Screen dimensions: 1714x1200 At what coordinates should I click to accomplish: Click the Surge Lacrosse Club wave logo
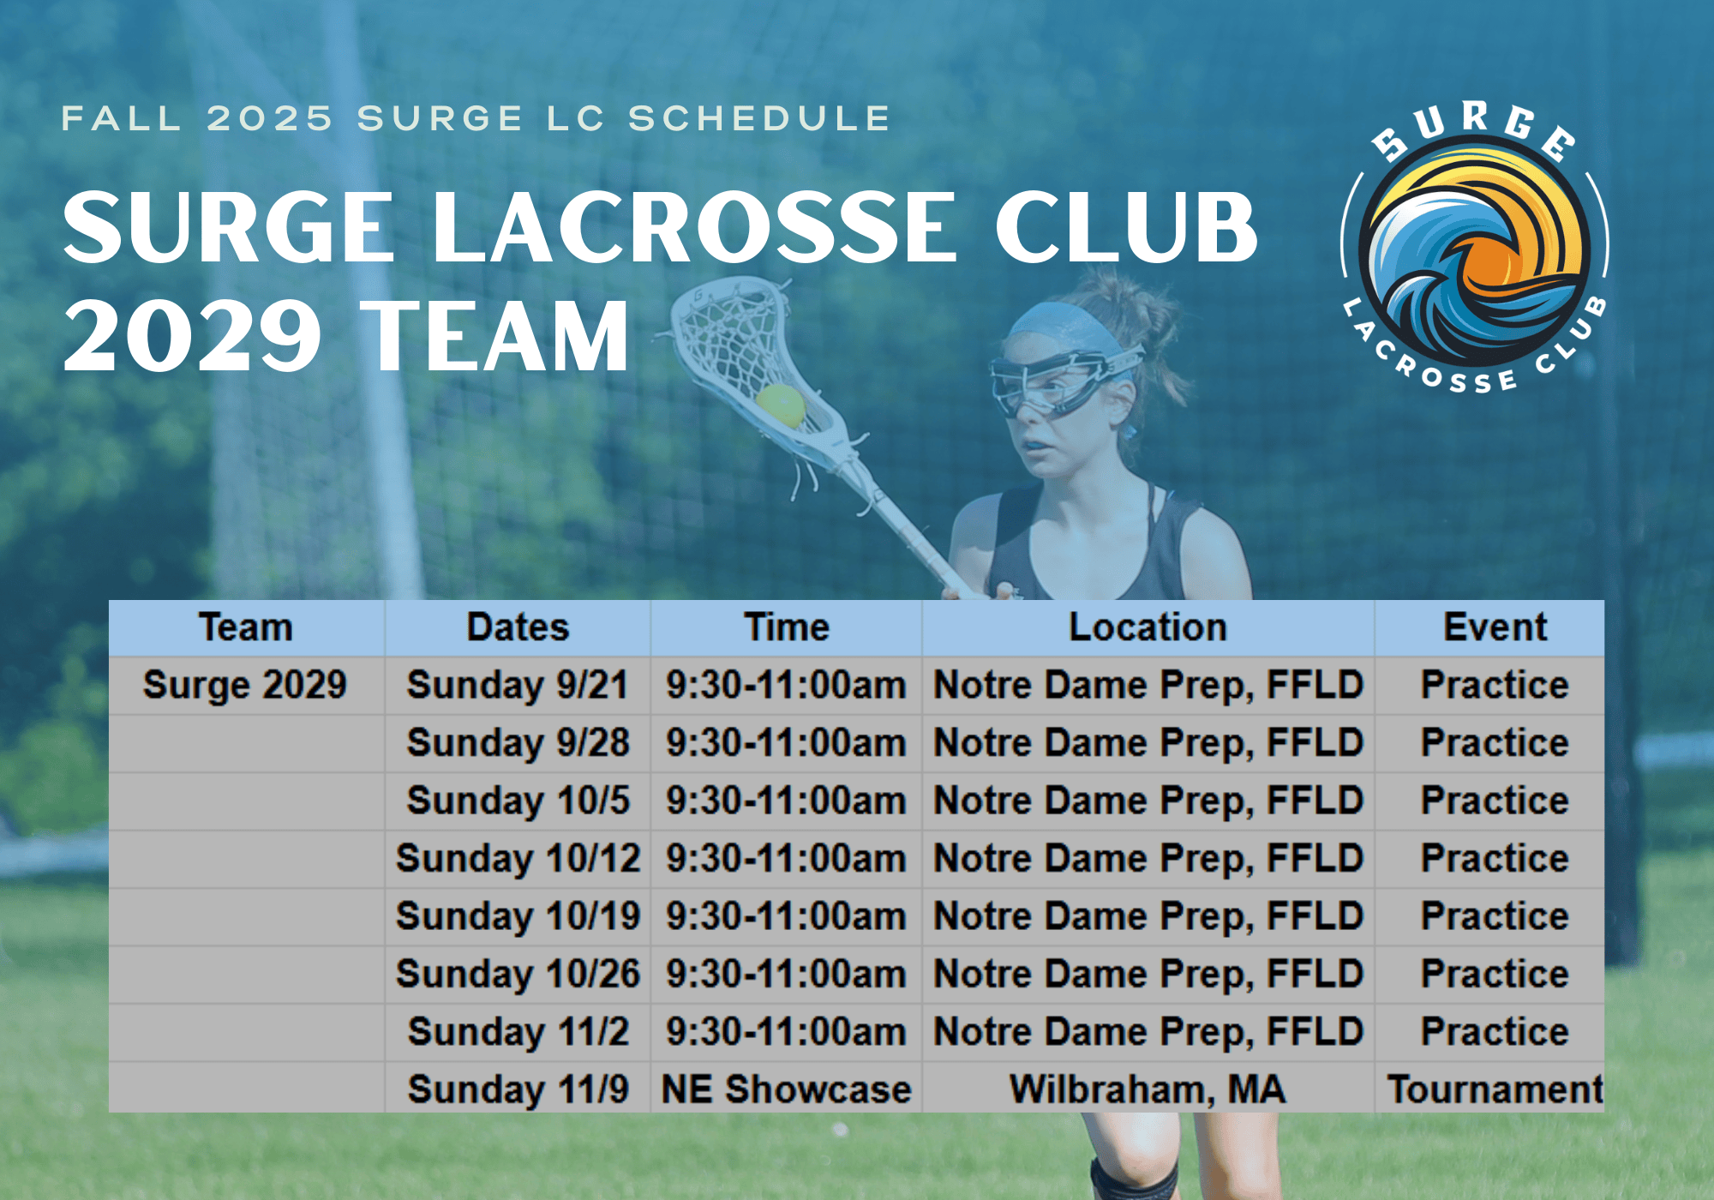[x=1475, y=247]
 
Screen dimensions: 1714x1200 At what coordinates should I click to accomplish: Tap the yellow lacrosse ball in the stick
[x=781, y=405]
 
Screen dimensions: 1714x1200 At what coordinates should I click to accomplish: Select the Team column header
[x=246, y=627]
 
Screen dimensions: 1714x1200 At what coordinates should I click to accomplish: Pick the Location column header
[x=1148, y=627]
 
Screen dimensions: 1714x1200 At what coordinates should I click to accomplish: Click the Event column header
[x=1495, y=627]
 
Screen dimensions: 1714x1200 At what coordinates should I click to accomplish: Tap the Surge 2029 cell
[x=245, y=685]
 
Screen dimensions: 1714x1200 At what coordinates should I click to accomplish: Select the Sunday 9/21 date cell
[x=518, y=685]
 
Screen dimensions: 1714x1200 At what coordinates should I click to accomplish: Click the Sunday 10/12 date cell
[x=518, y=858]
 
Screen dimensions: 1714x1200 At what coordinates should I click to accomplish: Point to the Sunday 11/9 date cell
[x=518, y=1089]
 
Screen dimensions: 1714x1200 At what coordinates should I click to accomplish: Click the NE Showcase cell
[x=787, y=1089]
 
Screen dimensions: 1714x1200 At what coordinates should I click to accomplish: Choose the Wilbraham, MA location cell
[x=1148, y=1089]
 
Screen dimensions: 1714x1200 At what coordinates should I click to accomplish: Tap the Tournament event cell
[x=1495, y=1089]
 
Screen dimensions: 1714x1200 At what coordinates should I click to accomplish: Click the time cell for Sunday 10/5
[x=787, y=801]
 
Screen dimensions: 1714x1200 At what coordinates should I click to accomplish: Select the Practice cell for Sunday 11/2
[x=1495, y=1031]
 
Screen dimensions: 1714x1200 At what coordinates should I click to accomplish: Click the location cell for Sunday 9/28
[x=1148, y=742]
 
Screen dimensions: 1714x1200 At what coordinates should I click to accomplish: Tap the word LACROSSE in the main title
[x=693, y=226]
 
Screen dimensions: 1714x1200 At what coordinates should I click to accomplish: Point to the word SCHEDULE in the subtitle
[x=760, y=118]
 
